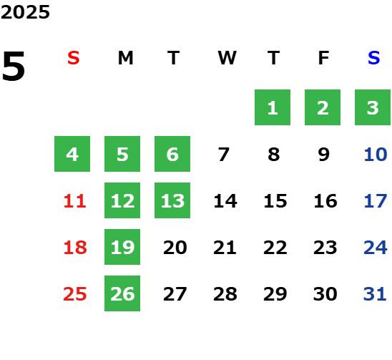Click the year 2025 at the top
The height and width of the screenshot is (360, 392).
point(25,12)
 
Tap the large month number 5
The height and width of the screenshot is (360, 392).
point(14,66)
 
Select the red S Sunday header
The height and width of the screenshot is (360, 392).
point(74,58)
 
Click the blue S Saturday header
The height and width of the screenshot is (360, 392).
point(373,58)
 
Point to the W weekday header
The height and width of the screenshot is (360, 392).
point(227,58)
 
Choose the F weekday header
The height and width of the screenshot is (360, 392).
point(323,58)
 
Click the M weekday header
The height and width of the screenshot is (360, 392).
point(125,58)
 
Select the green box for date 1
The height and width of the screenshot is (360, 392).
point(273,107)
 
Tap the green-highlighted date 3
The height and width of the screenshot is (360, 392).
point(373,107)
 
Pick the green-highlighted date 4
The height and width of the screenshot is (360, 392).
point(72,154)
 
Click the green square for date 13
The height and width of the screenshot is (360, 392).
point(172,200)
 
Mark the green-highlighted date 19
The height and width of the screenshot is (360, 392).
point(122,247)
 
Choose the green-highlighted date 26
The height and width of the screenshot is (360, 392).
point(122,293)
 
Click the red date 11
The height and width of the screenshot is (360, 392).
point(74,201)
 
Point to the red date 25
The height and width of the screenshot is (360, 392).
point(74,294)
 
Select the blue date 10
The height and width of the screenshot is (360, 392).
point(376,155)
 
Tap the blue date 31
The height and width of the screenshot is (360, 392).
point(375,294)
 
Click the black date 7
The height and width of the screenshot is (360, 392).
point(223,155)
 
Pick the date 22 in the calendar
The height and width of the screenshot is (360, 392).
point(275,248)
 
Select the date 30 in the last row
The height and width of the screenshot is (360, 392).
point(325,294)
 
